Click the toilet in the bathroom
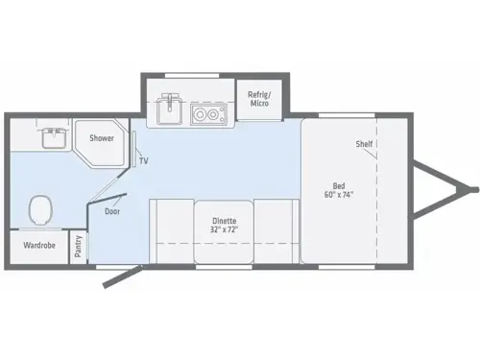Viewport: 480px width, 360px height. tap(40, 207)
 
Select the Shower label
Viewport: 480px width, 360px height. tap(102, 138)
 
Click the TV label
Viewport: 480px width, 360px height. tap(143, 161)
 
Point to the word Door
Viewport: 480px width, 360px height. tap(111, 211)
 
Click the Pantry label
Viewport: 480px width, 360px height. tap(78, 247)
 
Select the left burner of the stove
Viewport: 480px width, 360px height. tap(199, 116)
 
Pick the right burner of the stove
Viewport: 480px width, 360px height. tap(214, 116)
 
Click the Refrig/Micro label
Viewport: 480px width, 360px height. tap(258, 99)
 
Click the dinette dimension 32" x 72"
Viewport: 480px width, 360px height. tap(224, 230)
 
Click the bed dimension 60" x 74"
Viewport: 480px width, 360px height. tap(338, 194)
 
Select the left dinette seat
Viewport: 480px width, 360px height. tap(171, 230)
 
